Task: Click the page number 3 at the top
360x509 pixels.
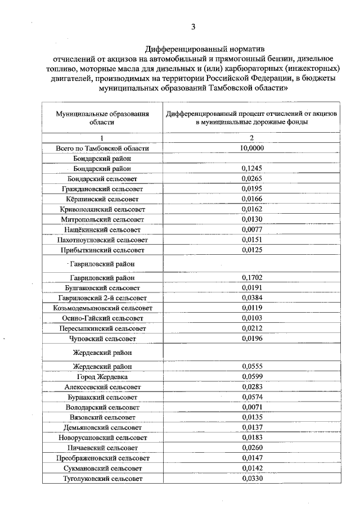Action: click(193, 26)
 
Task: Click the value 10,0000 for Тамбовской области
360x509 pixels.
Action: click(251, 148)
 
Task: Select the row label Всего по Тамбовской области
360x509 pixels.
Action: click(102, 148)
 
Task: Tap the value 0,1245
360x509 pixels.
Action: click(251, 168)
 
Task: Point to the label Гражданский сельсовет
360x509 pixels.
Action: click(102, 188)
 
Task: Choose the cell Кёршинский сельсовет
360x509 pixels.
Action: click(102, 199)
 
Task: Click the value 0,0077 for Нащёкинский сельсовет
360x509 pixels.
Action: click(251, 229)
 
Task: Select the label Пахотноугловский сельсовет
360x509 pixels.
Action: click(102, 239)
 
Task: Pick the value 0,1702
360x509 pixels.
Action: click(251, 277)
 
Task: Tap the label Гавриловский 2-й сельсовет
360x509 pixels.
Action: click(102, 298)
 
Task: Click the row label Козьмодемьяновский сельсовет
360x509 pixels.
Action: click(102, 308)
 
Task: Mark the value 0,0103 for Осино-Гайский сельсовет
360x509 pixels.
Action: click(251, 318)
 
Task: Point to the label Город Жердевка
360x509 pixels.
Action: click(102, 377)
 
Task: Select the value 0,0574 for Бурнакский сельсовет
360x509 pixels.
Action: click(251, 397)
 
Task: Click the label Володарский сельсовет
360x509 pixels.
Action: click(102, 407)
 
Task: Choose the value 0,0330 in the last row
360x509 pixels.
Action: click(251, 478)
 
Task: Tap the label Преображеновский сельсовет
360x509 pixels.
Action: click(102, 458)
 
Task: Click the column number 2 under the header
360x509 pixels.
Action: click(251, 138)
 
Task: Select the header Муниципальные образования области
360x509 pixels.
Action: click(102, 117)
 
